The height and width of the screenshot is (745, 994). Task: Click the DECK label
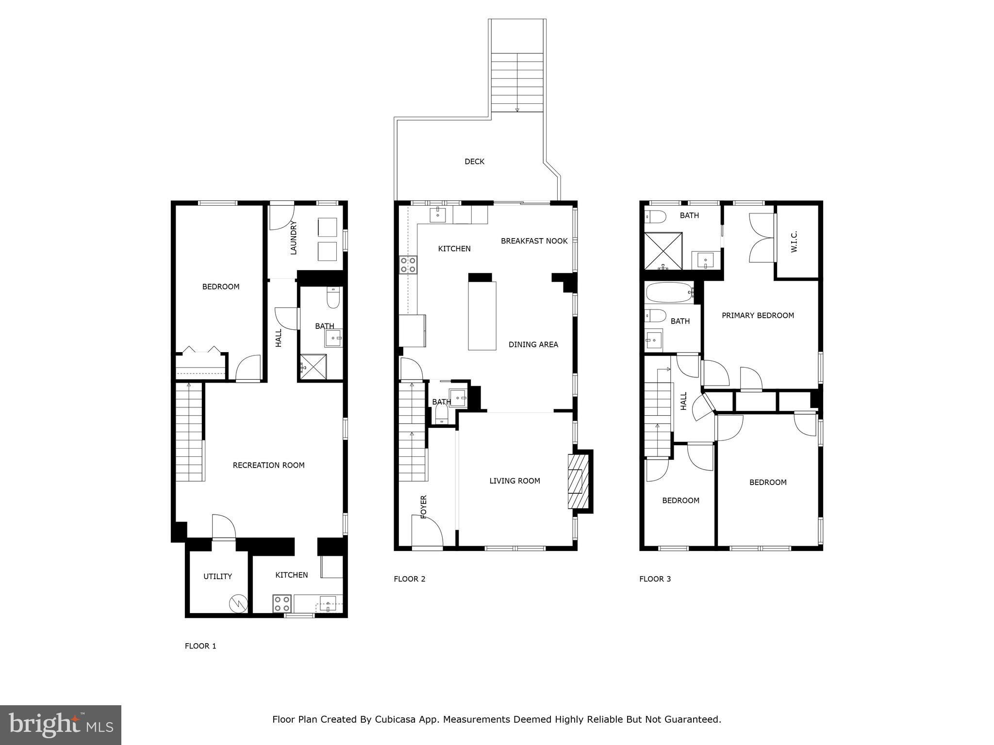[x=474, y=162]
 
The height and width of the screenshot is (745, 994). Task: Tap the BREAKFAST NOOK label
[x=534, y=241]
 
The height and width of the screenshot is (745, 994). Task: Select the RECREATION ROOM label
[x=268, y=465]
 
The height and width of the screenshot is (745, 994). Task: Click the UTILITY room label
[x=217, y=576]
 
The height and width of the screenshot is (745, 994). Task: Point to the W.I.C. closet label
[x=794, y=241]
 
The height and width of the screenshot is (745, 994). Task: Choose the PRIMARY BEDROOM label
[x=758, y=315]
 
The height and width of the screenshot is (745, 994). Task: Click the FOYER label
[x=423, y=507]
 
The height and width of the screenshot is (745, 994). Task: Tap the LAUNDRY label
[x=293, y=238]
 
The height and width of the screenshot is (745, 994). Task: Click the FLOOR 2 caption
[x=409, y=579]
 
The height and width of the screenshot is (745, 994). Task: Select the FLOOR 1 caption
[x=200, y=646]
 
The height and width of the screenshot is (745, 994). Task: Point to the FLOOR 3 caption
[x=655, y=579]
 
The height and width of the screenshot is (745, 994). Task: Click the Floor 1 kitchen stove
[x=282, y=604]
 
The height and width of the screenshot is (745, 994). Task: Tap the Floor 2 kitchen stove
[x=408, y=265]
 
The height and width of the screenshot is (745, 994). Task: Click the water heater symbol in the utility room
[x=238, y=603]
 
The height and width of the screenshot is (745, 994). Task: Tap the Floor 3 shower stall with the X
[x=663, y=251]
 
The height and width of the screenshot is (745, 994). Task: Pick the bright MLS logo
[x=61, y=725]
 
